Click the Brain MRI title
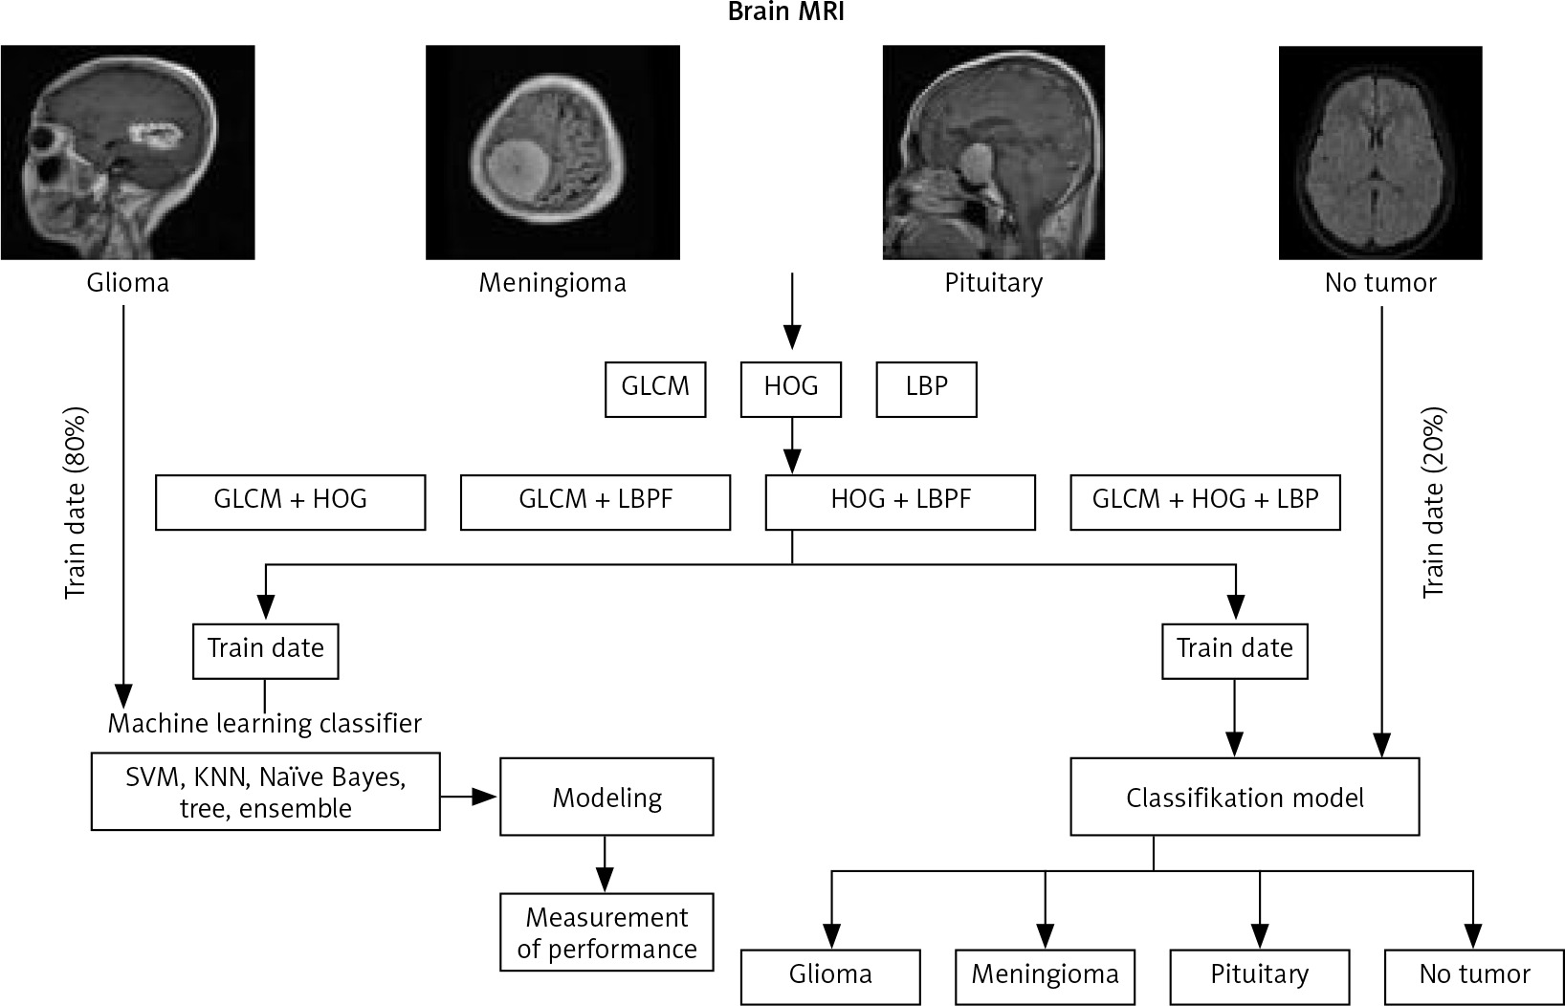tap(784, 12)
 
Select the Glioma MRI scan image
tap(127, 152)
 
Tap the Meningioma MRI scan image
tap(552, 152)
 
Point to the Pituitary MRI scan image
tap(993, 152)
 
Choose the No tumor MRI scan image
tap(1379, 152)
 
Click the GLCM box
tap(655, 388)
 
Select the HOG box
tap(791, 388)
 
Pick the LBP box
tap(926, 388)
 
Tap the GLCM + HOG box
tap(290, 501)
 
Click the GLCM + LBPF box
tap(595, 501)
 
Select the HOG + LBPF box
tap(900, 501)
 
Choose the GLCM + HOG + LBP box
tap(1204, 501)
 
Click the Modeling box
tap(606, 797)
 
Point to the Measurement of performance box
tap(606, 932)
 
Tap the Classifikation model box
tap(1245, 797)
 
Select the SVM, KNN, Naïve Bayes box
tap(266, 791)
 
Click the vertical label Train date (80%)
tap(76, 503)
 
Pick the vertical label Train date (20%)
tap(1433, 503)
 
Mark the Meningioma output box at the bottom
tap(1045, 975)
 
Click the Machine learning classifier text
tap(264, 723)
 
